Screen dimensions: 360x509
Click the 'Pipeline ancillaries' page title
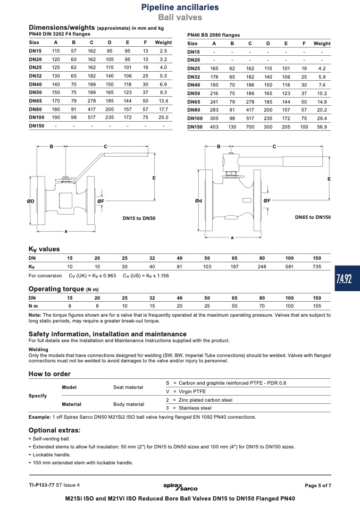point(180,7)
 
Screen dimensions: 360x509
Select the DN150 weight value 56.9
point(322,127)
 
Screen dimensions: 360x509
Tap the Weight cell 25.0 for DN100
point(163,117)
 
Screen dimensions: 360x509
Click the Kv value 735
point(317,267)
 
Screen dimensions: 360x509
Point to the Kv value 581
point(289,267)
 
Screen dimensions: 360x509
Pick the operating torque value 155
point(317,306)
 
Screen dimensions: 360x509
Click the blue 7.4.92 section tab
point(347,278)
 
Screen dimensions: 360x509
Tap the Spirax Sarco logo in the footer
point(180,486)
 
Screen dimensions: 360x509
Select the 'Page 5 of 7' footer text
point(318,486)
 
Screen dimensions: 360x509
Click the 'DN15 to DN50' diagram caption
point(139,218)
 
